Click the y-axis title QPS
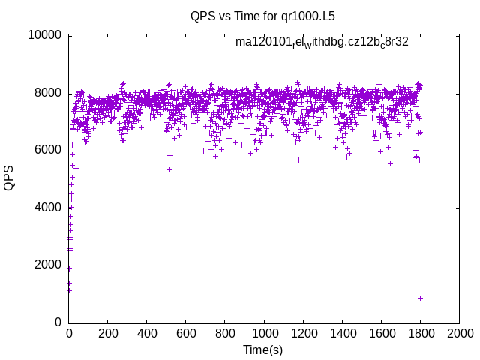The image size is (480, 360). [x=9, y=178]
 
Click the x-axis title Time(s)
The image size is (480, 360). [x=262, y=349]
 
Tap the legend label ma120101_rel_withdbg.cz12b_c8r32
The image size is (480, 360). [x=322, y=42]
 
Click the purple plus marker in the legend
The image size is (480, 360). [x=431, y=43]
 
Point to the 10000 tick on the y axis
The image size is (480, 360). [x=44, y=35]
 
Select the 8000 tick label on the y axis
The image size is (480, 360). [x=48, y=93]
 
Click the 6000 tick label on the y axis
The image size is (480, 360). [x=48, y=150]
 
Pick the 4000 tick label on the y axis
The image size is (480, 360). [x=48, y=208]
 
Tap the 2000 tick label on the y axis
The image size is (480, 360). [x=48, y=265]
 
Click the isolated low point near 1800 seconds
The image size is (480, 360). [x=421, y=298]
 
